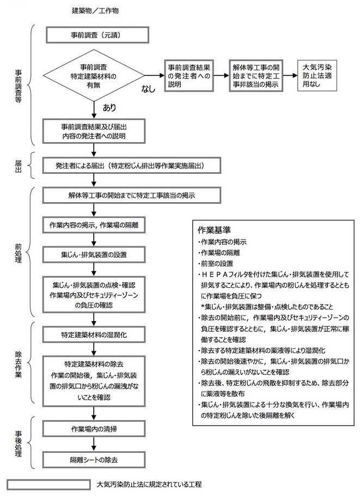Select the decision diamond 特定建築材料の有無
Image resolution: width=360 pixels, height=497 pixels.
coord(94,75)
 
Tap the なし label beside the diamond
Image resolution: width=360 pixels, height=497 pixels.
coord(148,89)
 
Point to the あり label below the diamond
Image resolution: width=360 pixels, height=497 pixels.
coord(109,108)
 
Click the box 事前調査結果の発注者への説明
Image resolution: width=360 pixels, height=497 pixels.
coord(189,76)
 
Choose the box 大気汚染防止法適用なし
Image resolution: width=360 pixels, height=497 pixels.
coord(317,76)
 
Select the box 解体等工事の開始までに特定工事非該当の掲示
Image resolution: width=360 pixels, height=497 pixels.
coord(256,76)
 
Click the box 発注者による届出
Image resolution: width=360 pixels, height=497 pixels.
coord(131,166)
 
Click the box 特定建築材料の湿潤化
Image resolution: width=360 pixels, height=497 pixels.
coord(94,335)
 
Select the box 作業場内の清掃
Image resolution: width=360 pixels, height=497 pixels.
coord(94,429)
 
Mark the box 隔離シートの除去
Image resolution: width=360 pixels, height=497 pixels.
coord(94,459)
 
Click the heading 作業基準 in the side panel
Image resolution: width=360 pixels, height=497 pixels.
coord(214,230)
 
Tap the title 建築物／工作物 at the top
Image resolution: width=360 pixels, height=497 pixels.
coord(95,11)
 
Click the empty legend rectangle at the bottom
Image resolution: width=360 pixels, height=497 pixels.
coord(49,484)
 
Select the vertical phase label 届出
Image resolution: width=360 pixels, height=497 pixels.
coord(18,166)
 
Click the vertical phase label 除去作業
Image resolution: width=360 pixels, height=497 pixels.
coord(18,364)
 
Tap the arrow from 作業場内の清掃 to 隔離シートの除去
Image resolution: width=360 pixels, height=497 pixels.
coord(94,444)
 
